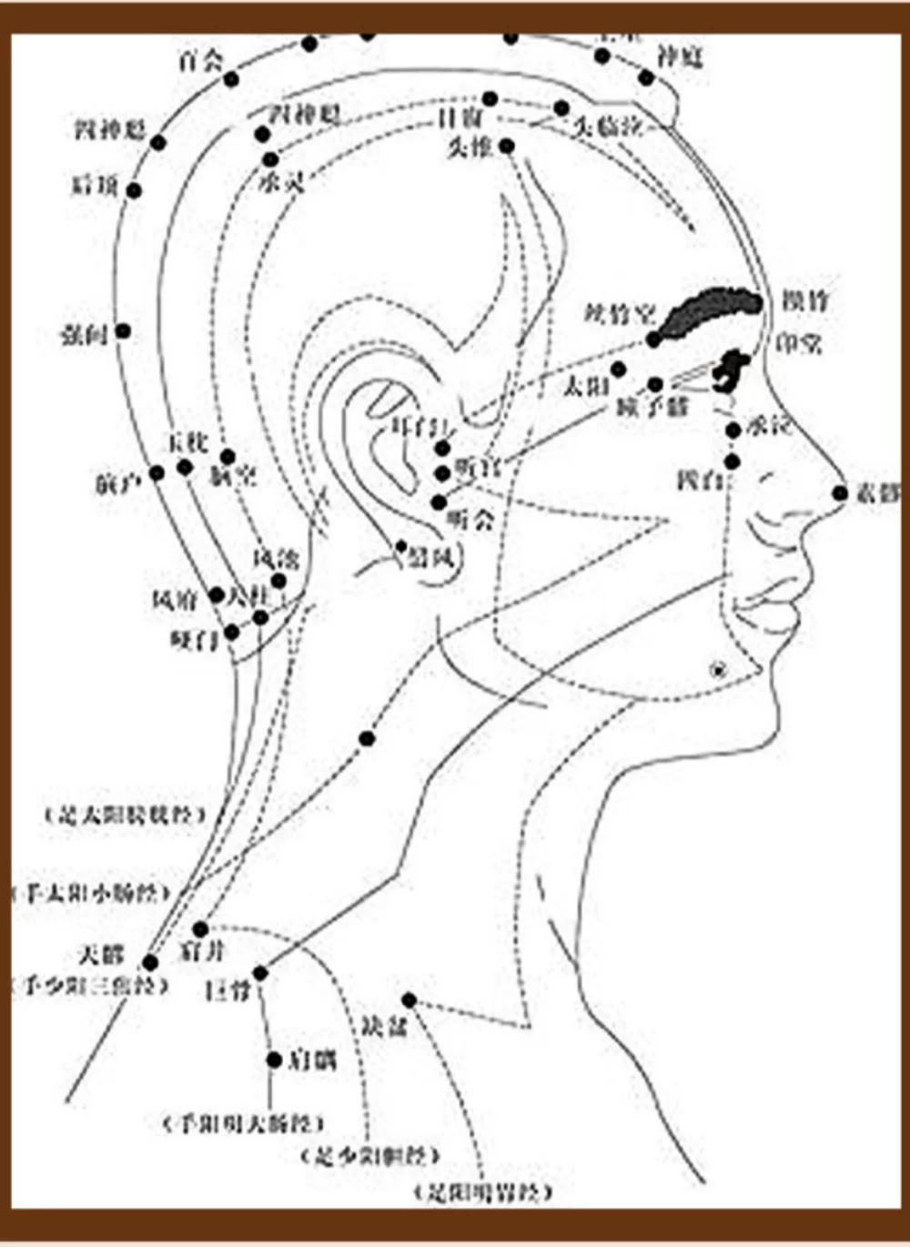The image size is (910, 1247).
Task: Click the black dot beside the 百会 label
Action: pyautogui.click(x=231, y=80)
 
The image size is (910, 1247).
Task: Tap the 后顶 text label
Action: pyautogui.click(x=95, y=185)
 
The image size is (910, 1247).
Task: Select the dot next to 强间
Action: pyautogui.click(x=123, y=331)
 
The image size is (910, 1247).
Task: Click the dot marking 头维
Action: pyautogui.click(x=507, y=146)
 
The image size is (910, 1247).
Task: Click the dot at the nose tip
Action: pyautogui.click(x=839, y=493)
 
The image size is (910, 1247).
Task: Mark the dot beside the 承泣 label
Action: pyautogui.click(x=733, y=431)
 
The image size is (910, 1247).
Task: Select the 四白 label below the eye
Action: pyautogui.click(x=700, y=479)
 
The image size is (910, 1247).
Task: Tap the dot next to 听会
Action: pyautogui.click(x=439, y=502)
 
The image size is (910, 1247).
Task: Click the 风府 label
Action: pyautogui.click(x=175, y=600)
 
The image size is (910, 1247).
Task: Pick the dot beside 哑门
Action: pyautogui.click(x=232, y=632)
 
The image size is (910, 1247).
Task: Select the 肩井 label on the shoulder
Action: pyautogui.click(x=202, y=952)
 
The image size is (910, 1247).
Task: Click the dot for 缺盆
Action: pyautogui.click(x=409, y=1000)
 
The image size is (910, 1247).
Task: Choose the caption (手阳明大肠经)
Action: pyautogui.click(x=243, y=1123)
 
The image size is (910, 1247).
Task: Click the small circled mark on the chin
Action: pyautogui.click(x=719, y=671)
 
